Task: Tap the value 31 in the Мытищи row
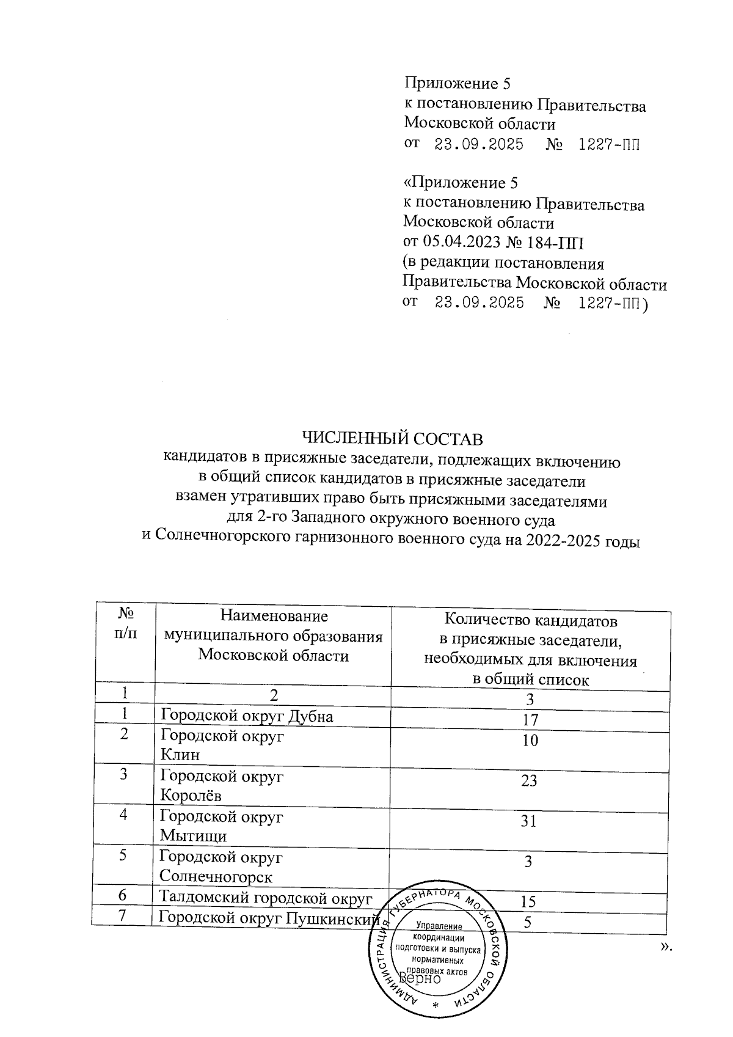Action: tap(528, 821)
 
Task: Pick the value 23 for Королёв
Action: tap(529, 780)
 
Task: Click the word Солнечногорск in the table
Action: tap(216, 877)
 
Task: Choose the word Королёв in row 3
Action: tap(191, 796)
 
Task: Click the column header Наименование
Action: tap(274, 616)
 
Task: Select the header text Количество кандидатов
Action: tap(530, 621)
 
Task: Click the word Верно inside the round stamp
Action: tap(419, 978)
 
